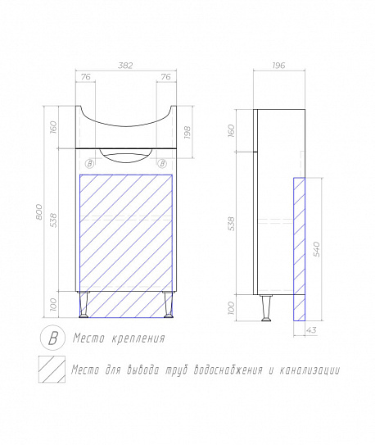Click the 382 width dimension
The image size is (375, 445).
[x=125, y=66]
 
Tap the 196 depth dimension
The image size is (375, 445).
[x=278, y=66]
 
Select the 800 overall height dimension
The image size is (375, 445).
[x=39, y=211]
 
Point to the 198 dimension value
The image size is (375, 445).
[x=187, y=132]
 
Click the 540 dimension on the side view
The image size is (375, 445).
[x=317, y=249]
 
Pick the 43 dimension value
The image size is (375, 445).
[x=311, y=330]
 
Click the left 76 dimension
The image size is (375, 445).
[x=86, y=77]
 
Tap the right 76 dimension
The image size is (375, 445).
[x=166, y=77]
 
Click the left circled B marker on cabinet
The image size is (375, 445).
[x=89, y=164]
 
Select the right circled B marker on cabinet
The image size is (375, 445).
[x=162, y=164]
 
